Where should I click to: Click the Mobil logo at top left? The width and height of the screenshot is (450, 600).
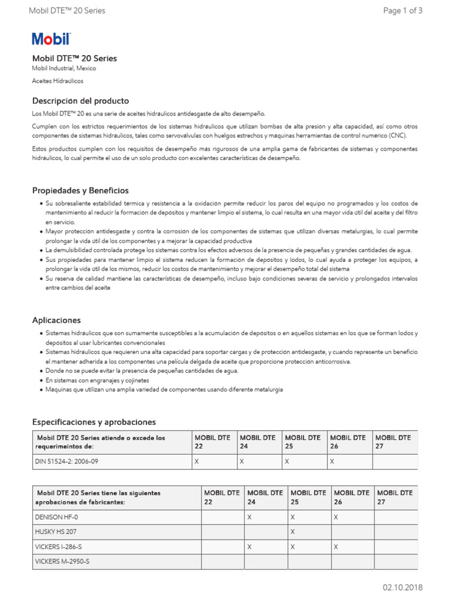point(51,39)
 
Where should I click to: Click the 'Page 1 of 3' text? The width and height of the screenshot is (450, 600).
point(403,11)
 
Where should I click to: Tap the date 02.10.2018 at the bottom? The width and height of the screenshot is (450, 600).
point(403,588)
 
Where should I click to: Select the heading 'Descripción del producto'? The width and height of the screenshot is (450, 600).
point(80,101)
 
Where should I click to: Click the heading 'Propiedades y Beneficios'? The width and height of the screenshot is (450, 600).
point(80,190)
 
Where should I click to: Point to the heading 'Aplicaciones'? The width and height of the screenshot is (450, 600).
point(56,321)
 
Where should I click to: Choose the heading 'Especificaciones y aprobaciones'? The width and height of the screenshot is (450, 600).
point(94,422)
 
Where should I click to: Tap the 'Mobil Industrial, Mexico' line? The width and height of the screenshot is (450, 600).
point(64,69)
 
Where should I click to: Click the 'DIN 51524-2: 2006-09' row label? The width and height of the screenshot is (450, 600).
point(66,462)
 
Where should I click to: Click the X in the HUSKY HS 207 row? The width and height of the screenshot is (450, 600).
point(292,531)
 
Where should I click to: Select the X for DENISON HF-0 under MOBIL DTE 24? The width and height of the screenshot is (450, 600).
point(250,517)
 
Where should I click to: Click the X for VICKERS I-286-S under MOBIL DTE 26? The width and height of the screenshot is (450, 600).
point(336,546)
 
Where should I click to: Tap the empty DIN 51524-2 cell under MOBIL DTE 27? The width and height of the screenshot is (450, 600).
point(395,462)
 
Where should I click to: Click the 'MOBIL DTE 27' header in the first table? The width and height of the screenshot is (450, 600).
point(394,442)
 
